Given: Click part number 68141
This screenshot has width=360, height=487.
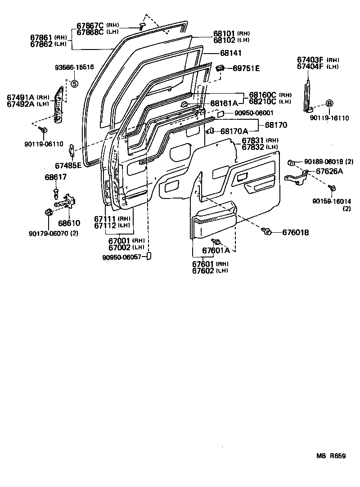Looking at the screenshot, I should tap(231, 53).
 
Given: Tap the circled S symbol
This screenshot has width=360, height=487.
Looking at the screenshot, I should tap(75, 83).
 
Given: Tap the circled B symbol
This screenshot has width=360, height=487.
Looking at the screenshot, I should tap(329, 103).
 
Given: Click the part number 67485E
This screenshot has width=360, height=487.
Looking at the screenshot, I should tap(68, 165).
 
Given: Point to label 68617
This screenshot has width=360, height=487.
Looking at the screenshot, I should tap(55, 177).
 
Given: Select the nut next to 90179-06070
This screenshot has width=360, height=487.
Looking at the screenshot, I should tap(48, 212).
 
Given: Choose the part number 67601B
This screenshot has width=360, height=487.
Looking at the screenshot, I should tap(296, 233).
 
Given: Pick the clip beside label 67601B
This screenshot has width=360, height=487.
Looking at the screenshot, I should tap(266, 231).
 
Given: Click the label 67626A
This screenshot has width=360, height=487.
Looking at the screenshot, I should tap(329, 171).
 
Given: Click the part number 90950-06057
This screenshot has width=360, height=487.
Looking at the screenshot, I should tap(122, 257).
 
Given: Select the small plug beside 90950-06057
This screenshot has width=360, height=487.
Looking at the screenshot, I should tap(150, 256).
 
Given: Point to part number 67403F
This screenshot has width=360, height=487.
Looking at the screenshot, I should tap(310, 59).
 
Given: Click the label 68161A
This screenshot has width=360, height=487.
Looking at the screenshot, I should tap(224, 103).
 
